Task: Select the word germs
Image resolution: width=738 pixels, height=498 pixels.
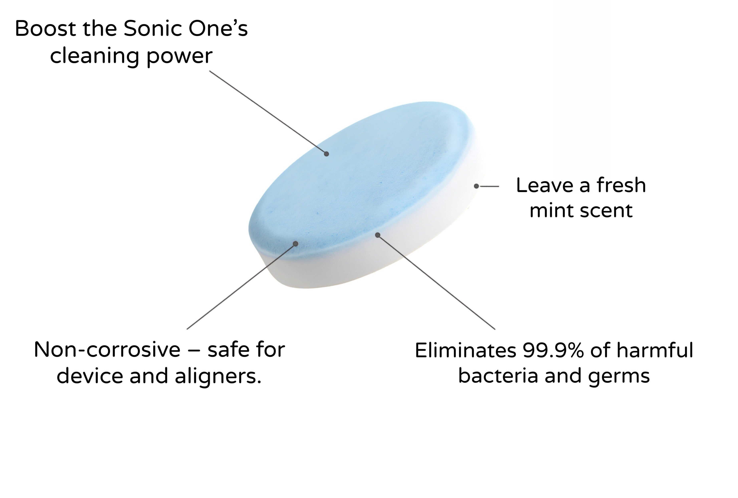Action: pyautogui.click(x=619, y=377)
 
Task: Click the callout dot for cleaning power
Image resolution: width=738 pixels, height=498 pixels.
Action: pyautogui.click(x=326, y=154)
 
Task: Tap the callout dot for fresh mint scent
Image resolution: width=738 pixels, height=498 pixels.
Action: pyautogui.click(x=476, y=186)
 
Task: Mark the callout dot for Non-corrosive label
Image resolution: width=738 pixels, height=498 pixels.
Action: pyautogui.click(x=296, y=244)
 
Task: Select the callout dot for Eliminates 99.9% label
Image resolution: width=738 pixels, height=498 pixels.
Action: pyautogui.click(x=378, y=235)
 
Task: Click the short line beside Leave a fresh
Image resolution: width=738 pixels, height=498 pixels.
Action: pyautogui.click(x=489, y=187)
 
